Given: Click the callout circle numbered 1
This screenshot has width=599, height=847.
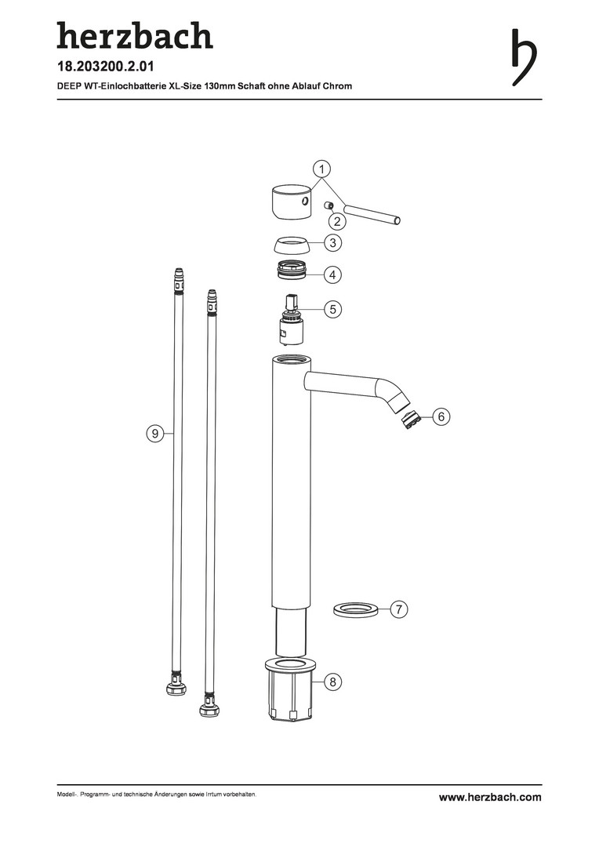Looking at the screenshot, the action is point(322,169).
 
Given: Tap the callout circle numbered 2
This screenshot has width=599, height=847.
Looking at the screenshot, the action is point(338,220).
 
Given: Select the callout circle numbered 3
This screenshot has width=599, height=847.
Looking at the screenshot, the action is point(332,243).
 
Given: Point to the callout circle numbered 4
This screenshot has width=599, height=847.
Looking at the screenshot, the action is point(332,274).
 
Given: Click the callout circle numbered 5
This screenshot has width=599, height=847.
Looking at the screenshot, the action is point(332,309).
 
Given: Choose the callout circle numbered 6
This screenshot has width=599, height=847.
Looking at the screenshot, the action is point(441,416).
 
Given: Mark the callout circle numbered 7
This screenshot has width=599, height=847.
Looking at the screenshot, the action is point(398,609).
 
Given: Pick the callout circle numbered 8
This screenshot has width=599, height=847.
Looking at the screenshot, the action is point(332,682).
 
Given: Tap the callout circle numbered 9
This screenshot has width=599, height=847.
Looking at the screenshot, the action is point(155,433).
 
